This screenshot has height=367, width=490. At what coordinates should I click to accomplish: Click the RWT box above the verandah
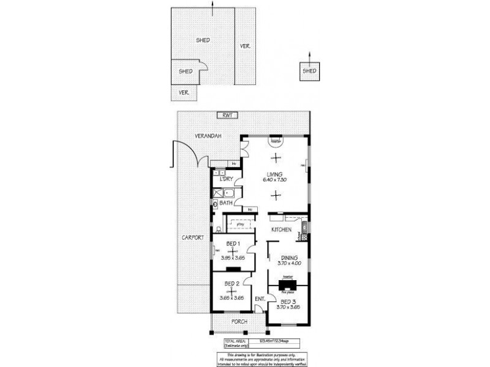click(228, 115)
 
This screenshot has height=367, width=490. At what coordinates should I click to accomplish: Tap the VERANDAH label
click(208, 135)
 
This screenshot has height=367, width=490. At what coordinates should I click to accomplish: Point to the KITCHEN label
click(282, 229)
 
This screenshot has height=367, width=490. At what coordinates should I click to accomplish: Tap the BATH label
click(225, 202)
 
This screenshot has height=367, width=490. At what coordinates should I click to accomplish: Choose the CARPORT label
click(192, 237)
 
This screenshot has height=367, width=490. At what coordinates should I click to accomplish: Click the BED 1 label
click(233, 243)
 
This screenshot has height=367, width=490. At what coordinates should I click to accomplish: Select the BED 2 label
click(232, 284)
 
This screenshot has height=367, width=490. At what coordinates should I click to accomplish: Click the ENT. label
click(259, 298)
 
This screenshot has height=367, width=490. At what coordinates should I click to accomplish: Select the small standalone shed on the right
click(309, 71)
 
